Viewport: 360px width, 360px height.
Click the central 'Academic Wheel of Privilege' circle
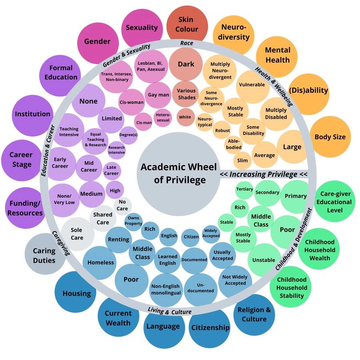pos(178,173)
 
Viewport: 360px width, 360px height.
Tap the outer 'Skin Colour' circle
pos(188,24)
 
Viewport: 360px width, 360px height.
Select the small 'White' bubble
pos(185,117)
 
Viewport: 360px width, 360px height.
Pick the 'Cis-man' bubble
pos(144,122)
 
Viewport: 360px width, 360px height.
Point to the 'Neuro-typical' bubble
pos(205,122)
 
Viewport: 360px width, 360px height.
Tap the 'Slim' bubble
pos(242,160)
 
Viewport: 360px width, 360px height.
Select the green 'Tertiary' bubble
pos(244,189)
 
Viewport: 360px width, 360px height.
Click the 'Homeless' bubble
pos(101,263)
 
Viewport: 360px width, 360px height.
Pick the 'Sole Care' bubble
pos(77,234)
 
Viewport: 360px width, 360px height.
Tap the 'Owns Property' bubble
pos(133,221)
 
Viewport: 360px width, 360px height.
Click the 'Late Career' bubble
pos(111,170)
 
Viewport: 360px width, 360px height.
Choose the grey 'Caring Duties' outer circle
pos(44,255)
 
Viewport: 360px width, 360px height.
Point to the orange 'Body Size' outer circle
pos(330,137)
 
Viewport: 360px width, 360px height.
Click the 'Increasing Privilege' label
pos(264,174)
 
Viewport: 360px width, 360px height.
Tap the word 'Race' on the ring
pos(186,43)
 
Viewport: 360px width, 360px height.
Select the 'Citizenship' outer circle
pos(210,328)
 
